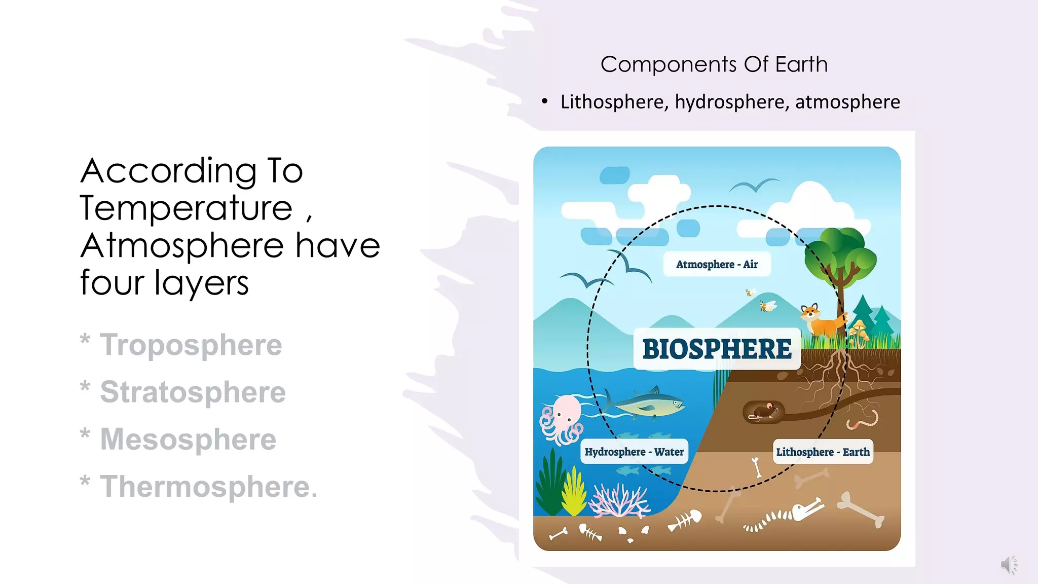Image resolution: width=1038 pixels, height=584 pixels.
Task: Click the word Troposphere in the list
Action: pos(191,345)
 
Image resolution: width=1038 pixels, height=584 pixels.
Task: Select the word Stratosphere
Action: pos(193,392)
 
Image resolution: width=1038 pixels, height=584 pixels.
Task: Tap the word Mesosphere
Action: pos(188,439)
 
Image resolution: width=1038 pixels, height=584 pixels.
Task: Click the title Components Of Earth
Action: pos(714,64)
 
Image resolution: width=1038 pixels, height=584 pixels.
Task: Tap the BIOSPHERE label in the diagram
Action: pos(717,349)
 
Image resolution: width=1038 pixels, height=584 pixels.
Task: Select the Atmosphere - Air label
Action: pos(717,264)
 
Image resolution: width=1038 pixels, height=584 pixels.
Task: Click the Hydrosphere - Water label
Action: pos(634,452)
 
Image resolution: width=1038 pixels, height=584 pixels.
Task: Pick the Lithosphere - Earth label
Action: pos(823,452)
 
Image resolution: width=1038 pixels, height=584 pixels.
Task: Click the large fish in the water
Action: pos(646,403)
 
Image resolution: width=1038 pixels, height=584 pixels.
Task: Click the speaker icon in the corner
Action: pos(1008,564)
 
